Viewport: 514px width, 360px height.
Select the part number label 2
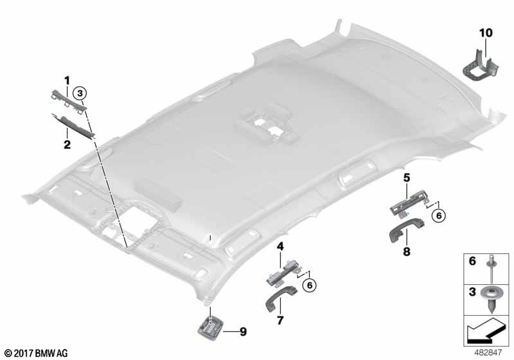(x=66, y=145)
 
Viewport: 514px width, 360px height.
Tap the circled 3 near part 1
(x=79, y=93)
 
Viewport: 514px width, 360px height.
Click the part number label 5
(x=407, y=176)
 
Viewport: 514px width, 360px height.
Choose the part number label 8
(x=407, y=252)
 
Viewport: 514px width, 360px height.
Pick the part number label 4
(x=280, y=246)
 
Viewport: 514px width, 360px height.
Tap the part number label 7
(x=280, y=319)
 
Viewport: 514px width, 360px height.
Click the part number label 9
(x=243, y=332)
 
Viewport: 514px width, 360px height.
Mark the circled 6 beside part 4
(x=312, y=283)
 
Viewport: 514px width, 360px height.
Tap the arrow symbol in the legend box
(x=485, y=332)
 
